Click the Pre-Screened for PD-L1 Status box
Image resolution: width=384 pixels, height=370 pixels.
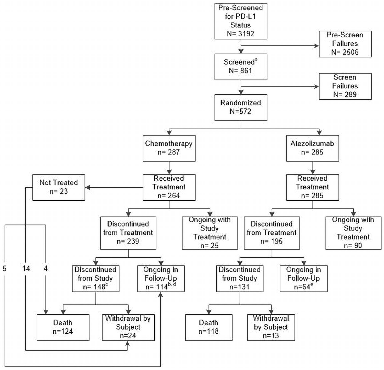coord(241,21)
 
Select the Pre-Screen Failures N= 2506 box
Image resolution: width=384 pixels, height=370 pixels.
coord(345,44)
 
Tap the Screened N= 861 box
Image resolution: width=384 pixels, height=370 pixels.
coord(241,67)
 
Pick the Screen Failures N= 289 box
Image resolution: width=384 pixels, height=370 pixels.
coord(345,86)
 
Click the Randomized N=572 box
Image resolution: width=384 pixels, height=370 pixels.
coord(241,107)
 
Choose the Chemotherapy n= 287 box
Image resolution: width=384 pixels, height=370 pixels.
coord(169,148)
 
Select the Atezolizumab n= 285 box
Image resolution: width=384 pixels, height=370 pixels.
coord(312,148)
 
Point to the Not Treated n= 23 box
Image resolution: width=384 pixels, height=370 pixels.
coord(59,187)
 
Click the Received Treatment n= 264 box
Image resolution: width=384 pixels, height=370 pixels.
coord(169,187)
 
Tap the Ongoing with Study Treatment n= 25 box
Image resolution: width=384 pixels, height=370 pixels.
coord(210,233)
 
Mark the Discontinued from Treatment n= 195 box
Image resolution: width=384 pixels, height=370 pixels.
coord(272,233)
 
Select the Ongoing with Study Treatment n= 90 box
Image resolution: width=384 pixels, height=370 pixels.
coord(353,233)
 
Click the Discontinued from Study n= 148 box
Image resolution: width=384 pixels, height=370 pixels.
coord(95,278)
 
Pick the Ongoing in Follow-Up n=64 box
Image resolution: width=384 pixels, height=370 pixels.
coord(303,278)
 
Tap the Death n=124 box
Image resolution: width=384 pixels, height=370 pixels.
coord(63,327)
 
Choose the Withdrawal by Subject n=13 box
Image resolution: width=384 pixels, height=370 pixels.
coord(271,327)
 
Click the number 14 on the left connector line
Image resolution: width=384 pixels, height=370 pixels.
coord(26,269)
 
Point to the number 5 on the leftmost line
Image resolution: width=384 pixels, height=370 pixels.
coord(5,269)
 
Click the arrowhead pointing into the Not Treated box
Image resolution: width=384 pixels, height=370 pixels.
coord(88,188)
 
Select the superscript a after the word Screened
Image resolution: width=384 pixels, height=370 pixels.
coord(256,60)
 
